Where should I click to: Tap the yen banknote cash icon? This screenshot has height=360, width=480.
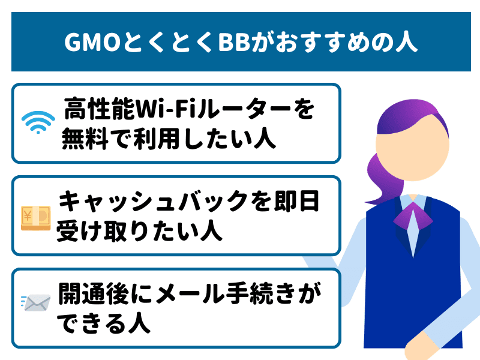pyautogui.click(x=35, y=218)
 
